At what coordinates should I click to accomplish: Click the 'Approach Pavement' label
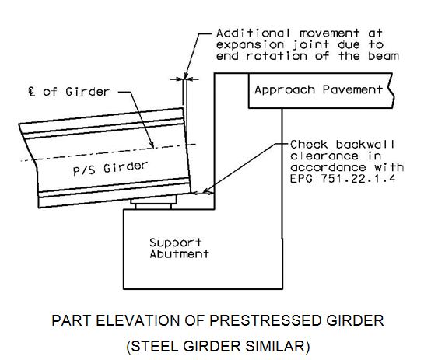click(318, 89)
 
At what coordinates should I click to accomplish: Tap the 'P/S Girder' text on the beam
click(110, 168)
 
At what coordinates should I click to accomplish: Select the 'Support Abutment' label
click(179, 248)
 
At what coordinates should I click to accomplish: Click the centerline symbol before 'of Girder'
click(32, 91)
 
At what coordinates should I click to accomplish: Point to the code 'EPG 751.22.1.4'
click(343, 179)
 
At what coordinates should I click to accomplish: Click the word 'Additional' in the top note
click(253, 33)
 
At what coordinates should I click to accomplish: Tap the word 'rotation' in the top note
click(276, 56)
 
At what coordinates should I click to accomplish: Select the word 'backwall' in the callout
click(365, 145)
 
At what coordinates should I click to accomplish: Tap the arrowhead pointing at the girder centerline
click(152, 145)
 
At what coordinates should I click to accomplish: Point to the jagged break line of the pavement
click(392, 90)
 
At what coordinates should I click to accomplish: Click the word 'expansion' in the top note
click(246, 45)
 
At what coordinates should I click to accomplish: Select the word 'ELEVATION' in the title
click(137, 321)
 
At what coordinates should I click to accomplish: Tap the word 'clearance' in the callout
click(324, 156)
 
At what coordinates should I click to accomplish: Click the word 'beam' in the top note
click(384, 56)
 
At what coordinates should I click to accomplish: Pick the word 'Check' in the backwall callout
click(309, 145)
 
